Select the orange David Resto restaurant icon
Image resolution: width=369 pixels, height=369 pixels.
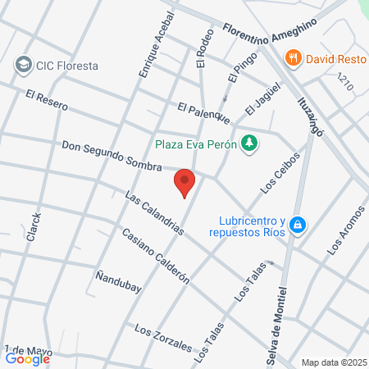coord(293,58)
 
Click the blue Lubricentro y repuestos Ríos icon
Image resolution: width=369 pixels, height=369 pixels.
coord(298,224)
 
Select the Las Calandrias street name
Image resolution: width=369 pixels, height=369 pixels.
coord(153,213)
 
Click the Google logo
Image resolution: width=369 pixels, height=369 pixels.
coord(27,358)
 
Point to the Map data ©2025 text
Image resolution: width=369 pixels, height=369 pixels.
coord(333,362)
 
